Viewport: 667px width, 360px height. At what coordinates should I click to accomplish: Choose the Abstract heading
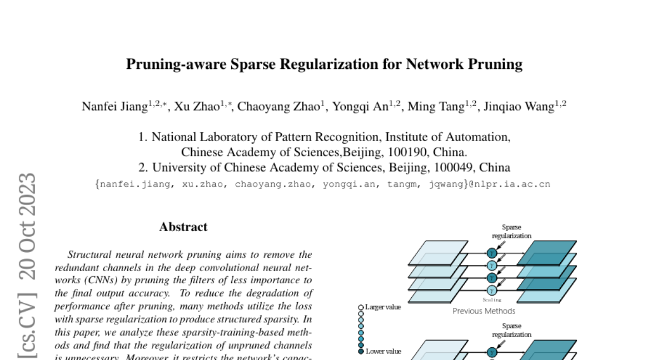click(x=183, y=227)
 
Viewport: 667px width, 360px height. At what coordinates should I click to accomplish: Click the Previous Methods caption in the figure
click(x=484, y=311)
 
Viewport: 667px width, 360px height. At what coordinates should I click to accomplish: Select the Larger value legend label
click(x=383, y=307)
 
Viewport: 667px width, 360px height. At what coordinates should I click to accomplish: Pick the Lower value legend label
click(x=383, y=351)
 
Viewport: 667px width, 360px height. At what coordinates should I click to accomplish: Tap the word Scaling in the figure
click(x=491, y=299)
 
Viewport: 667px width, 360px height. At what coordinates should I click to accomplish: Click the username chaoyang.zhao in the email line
click(x=274, y=184)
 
